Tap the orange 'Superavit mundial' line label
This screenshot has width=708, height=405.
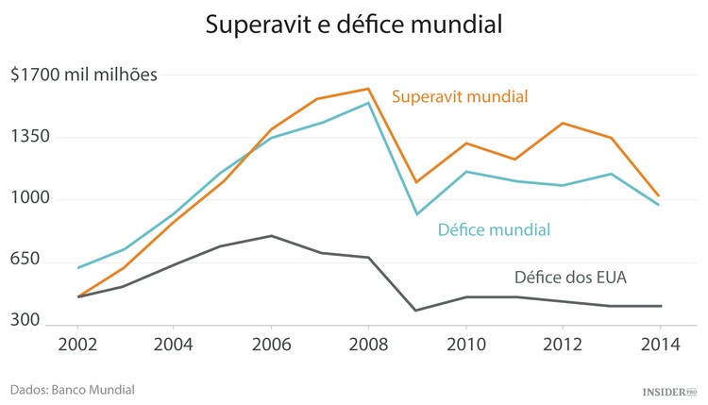(x=459, y=96)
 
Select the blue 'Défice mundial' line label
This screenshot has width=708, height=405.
(x=494, y=229)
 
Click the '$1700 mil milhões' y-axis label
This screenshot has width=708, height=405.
(x=84, y=75)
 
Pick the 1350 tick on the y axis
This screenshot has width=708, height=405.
(x=29, y=137)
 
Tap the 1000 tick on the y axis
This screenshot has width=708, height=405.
(x=29, y=199)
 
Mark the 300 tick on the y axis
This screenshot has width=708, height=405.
(x=25, y=321)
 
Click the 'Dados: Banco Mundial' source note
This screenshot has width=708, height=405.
(x=73, y=389)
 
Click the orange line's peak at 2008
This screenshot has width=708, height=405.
(x=368, y=89)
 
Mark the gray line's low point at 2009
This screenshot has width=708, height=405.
(x=416, y=311)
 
